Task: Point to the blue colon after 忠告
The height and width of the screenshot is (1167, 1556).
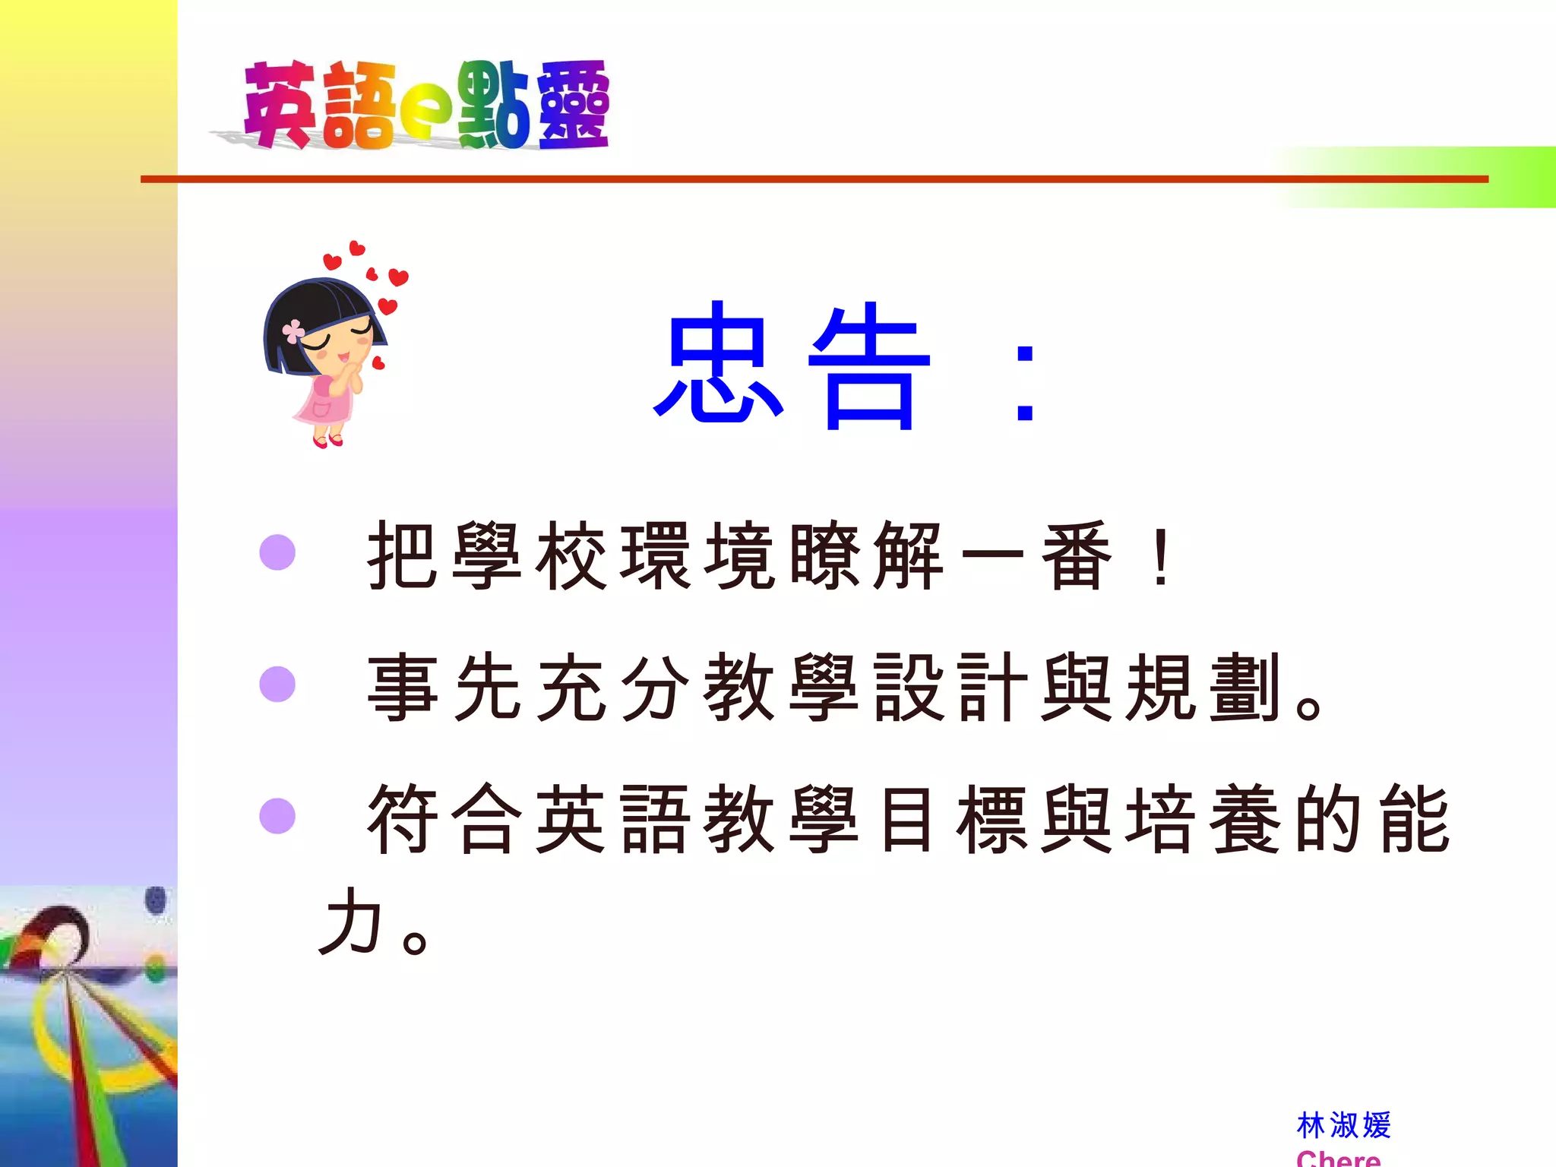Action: coord(1025,384)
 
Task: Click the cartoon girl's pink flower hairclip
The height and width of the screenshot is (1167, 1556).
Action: coord(293,330)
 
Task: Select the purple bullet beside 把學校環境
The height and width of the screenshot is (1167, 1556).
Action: coord(277,552)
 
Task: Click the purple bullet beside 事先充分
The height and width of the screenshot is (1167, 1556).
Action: coord(277,684)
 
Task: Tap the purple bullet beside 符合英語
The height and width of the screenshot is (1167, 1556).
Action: coord(277,816)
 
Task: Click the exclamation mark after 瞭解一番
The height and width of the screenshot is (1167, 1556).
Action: coord(1160,558)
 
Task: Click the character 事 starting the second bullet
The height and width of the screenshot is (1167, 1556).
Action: coord(403,688)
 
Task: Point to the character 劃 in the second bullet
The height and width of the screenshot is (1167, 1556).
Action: coord(1244,688)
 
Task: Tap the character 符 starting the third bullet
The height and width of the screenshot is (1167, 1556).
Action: coord(403,820)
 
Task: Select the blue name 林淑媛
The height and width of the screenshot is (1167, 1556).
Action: coord(1343,1125)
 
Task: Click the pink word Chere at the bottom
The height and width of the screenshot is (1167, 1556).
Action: coord(1338,1159)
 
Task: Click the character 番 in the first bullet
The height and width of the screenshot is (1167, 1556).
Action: coord(1076,556)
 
